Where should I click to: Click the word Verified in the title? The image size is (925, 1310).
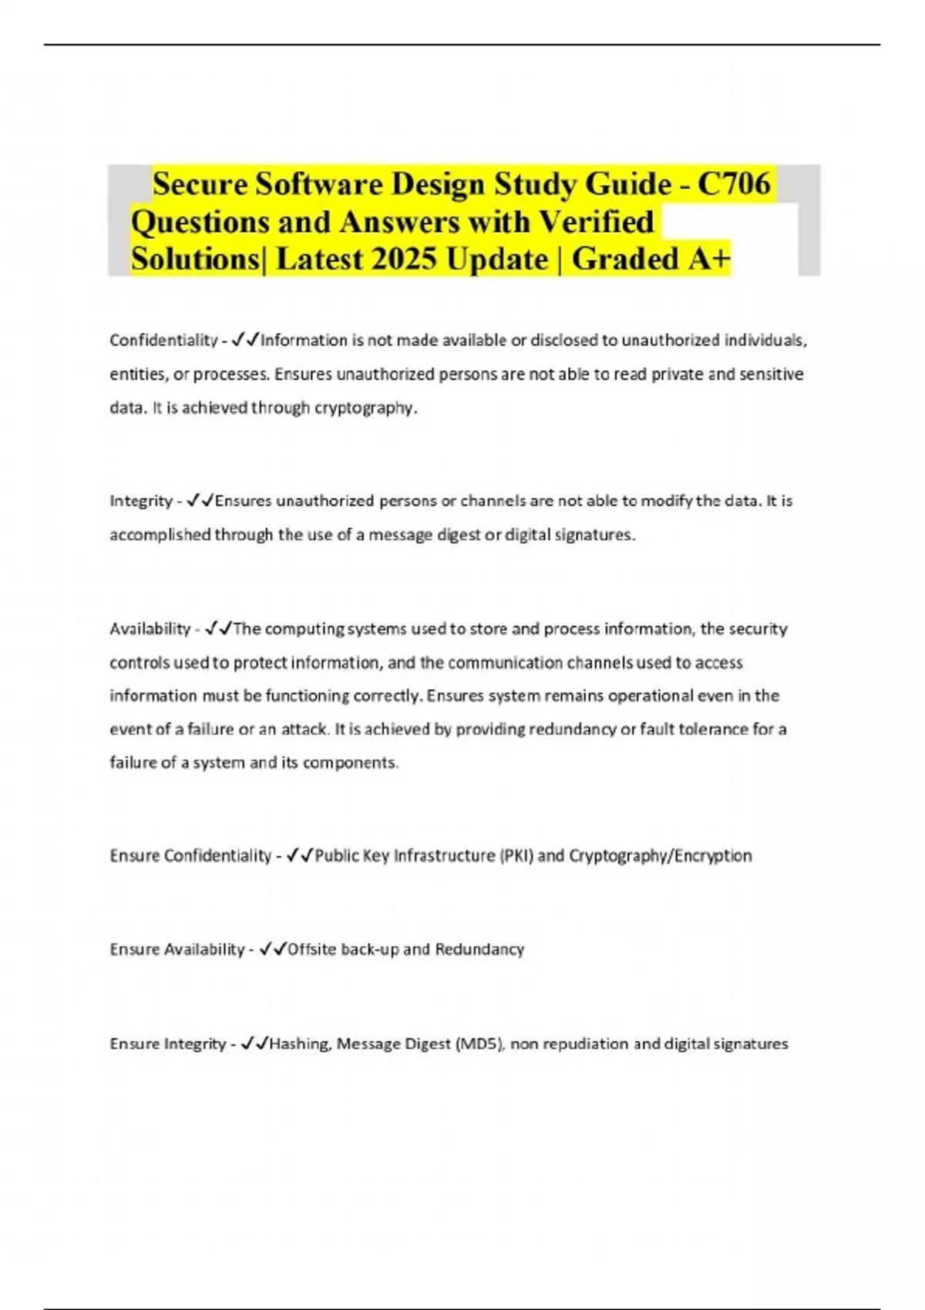596,222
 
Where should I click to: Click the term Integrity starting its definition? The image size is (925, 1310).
141,501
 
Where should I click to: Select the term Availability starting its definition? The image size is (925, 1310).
150,629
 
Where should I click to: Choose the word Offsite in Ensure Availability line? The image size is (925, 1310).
311,949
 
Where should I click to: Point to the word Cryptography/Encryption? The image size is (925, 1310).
660,855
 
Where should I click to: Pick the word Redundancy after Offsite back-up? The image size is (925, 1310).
479,949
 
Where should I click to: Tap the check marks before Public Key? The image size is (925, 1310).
299,855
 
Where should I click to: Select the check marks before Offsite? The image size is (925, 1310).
274,949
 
